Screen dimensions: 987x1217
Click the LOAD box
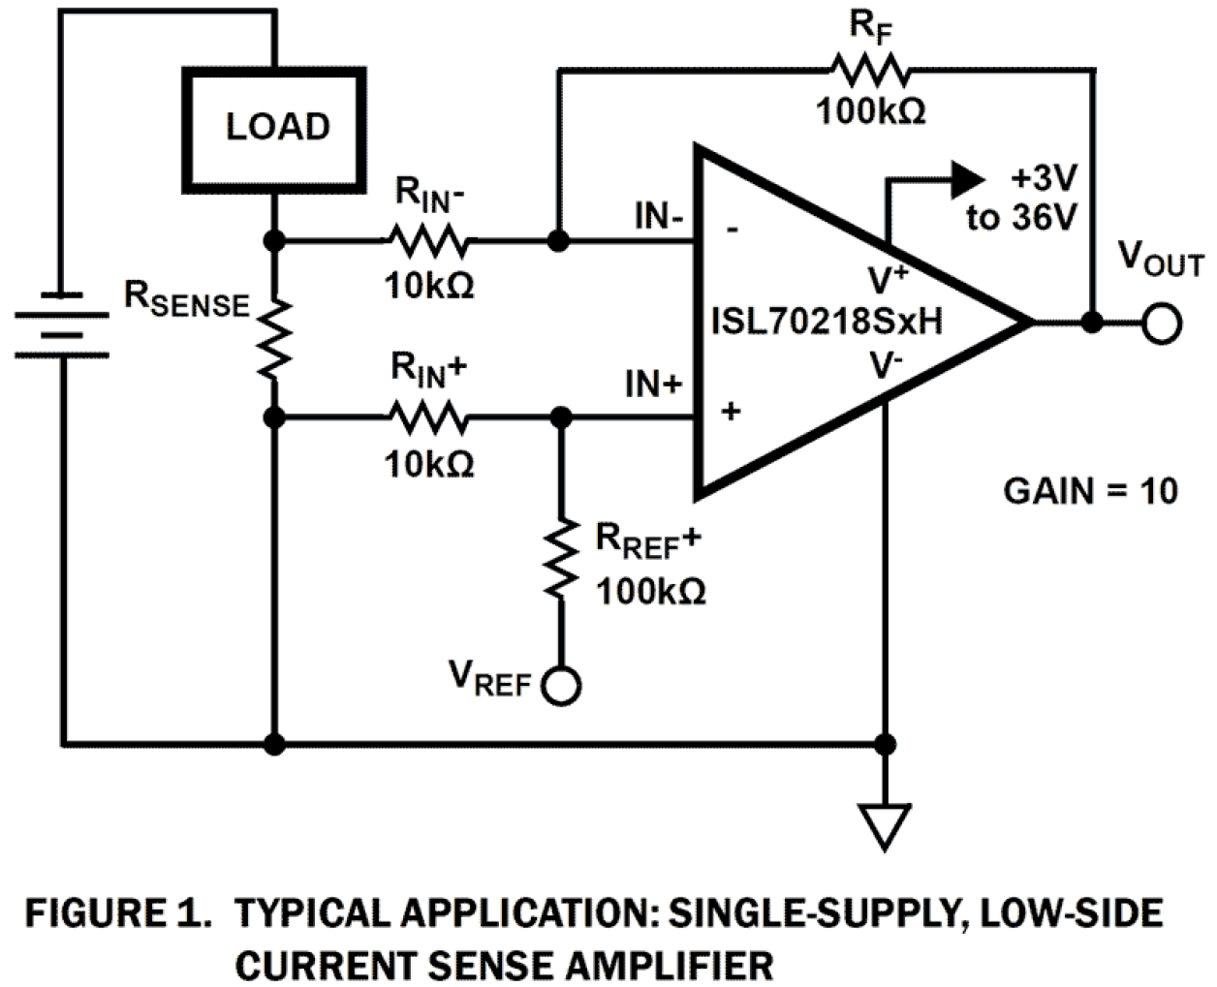click(277, 127)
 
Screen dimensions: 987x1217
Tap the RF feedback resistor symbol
click(869, 70)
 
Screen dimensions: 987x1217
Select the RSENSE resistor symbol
click(275, 338)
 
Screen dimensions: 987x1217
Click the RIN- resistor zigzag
click(428, 238)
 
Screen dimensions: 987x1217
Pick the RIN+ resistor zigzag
click(428, 417)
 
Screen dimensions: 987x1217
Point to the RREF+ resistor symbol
click(559, 562)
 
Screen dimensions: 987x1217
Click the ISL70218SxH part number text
click(826, 321)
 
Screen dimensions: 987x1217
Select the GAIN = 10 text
click(1090, 491)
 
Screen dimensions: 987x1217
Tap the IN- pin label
click(659, 216)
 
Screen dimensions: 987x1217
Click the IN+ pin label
click(654, 386)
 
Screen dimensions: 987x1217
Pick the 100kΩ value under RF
click(870, 111)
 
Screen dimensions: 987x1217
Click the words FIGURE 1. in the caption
click(117, 913)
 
